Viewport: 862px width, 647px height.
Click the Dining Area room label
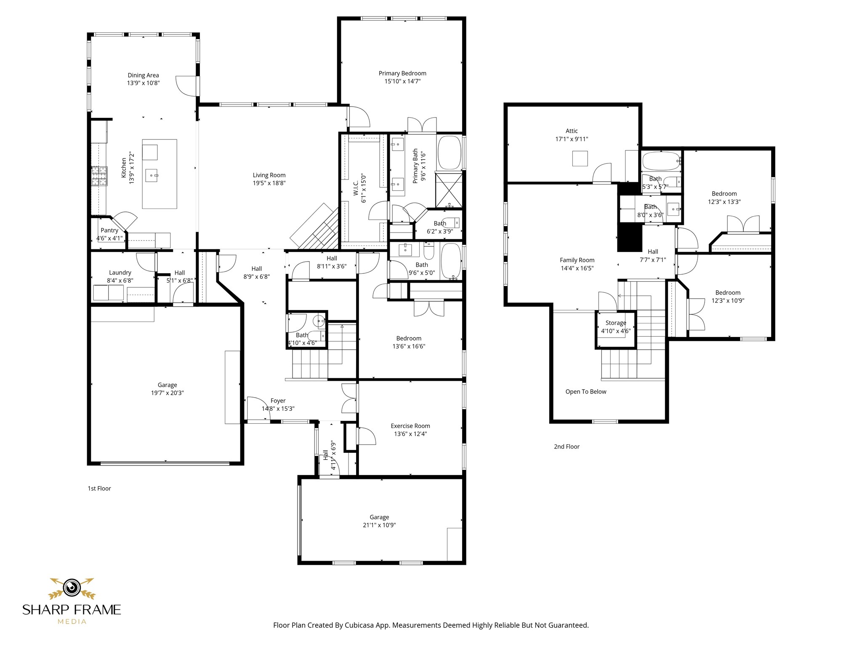click(143, 75)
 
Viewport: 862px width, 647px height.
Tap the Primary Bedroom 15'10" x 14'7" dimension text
click(402, 81)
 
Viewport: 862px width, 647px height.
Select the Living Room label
click(269, 175)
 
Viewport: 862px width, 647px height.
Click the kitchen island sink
click(152, 175)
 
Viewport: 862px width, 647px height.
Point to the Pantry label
click(109, 230)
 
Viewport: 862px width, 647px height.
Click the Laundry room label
click(120, 273)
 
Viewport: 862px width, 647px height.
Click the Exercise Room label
click(410, 426)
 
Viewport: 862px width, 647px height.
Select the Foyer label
click(278, 401)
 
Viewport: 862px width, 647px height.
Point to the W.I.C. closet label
click(356, 188)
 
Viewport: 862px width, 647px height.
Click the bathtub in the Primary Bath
click(450, 152)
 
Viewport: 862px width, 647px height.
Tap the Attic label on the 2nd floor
click(572, 131)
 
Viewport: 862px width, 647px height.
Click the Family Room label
click(577, 260)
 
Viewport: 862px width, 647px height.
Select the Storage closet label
click(616, 323)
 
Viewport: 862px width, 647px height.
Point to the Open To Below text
click(586, 392)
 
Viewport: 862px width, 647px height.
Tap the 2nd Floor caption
click(567, 446)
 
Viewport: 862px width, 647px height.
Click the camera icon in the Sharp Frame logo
click(72, 587)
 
